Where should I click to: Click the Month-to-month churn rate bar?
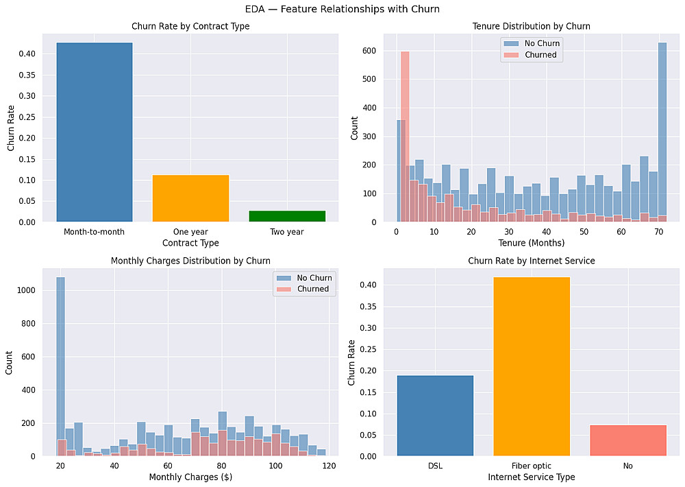94,132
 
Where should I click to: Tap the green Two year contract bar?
287,216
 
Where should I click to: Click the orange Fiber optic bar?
532,366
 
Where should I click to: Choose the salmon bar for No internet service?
628,440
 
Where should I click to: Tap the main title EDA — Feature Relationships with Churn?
342,10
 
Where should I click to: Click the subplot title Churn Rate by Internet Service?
532,261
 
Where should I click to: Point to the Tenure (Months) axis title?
532,243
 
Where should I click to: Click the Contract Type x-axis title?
190,243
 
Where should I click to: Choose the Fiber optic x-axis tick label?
532,466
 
